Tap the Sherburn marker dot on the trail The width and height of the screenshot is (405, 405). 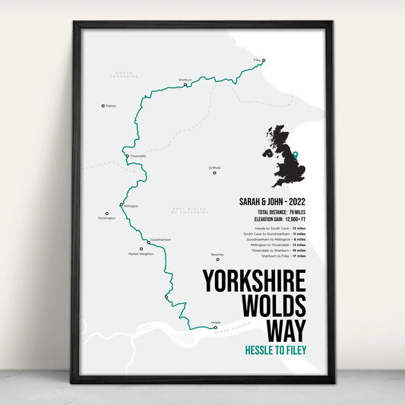tap(186, 84)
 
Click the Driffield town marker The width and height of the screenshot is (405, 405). tap(214, 173)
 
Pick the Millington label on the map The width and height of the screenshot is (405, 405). tap(131, 206)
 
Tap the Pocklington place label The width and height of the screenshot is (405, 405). tap(107, 218)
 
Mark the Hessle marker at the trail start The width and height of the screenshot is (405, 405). tap(215, 327)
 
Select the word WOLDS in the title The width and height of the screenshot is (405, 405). tap(273, 305)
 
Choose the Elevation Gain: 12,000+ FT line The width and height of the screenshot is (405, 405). tap(276, 218)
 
